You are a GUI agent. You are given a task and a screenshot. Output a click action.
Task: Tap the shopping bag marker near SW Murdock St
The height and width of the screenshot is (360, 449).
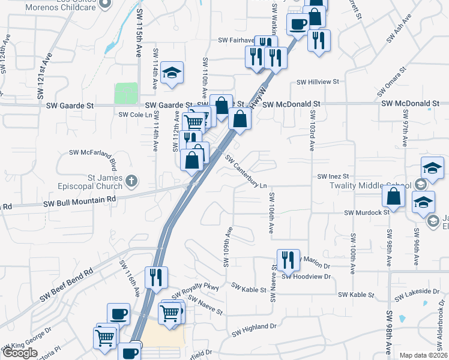(393, 196)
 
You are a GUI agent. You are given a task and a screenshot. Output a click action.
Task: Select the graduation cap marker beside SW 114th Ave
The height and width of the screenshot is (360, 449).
(172, 74)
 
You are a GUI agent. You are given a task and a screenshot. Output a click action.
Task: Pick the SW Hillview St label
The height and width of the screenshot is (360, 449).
(318, 82)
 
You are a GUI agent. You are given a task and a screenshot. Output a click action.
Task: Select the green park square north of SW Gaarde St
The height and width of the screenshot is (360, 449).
(126, 94)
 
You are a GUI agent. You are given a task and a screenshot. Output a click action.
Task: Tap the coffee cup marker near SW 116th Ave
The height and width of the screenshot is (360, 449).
(118, 314)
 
